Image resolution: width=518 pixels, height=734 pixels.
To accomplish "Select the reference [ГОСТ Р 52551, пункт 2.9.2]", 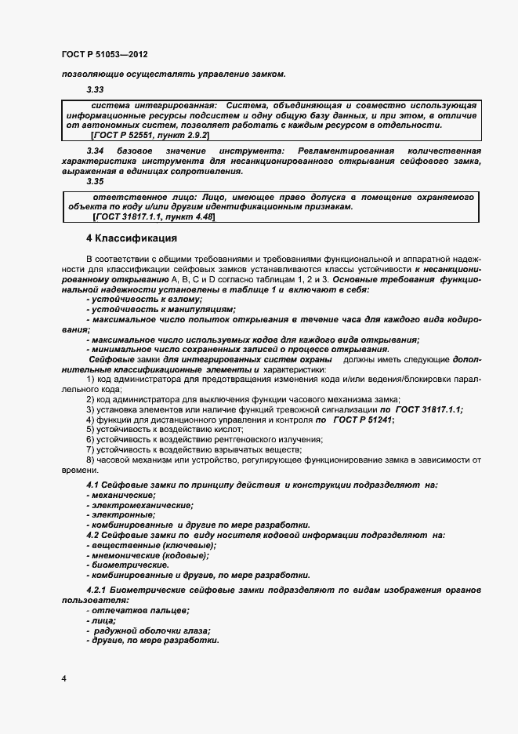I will (150, 136).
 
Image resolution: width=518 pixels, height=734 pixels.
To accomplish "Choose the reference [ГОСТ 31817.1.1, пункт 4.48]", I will (154, 216).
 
